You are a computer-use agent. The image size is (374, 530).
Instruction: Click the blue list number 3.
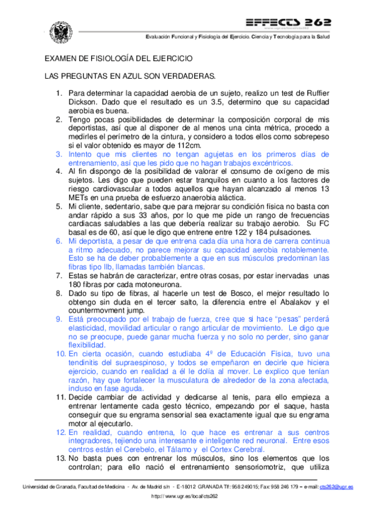[x=59, y=154]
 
